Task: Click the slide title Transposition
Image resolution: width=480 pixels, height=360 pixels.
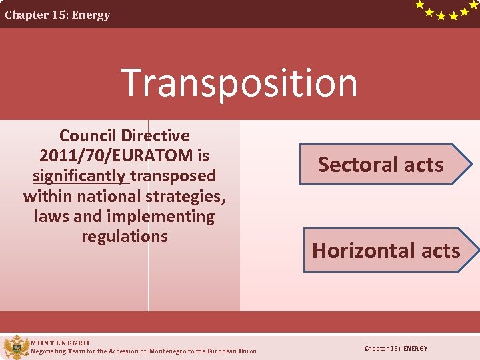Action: [239, 83]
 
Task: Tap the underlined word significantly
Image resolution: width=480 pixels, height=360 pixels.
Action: [80, 176]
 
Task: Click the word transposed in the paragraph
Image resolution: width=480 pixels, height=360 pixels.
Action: [173, 176]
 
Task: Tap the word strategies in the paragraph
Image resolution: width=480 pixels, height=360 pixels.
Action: [189, 197]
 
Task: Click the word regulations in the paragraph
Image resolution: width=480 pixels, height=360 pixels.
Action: [125, 237]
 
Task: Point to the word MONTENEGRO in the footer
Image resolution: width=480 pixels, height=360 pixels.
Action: [60, 343]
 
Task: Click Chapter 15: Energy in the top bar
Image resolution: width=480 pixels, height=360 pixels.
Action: [58, 15]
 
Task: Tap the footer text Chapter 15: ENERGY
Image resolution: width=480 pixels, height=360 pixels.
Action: [396, 349]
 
